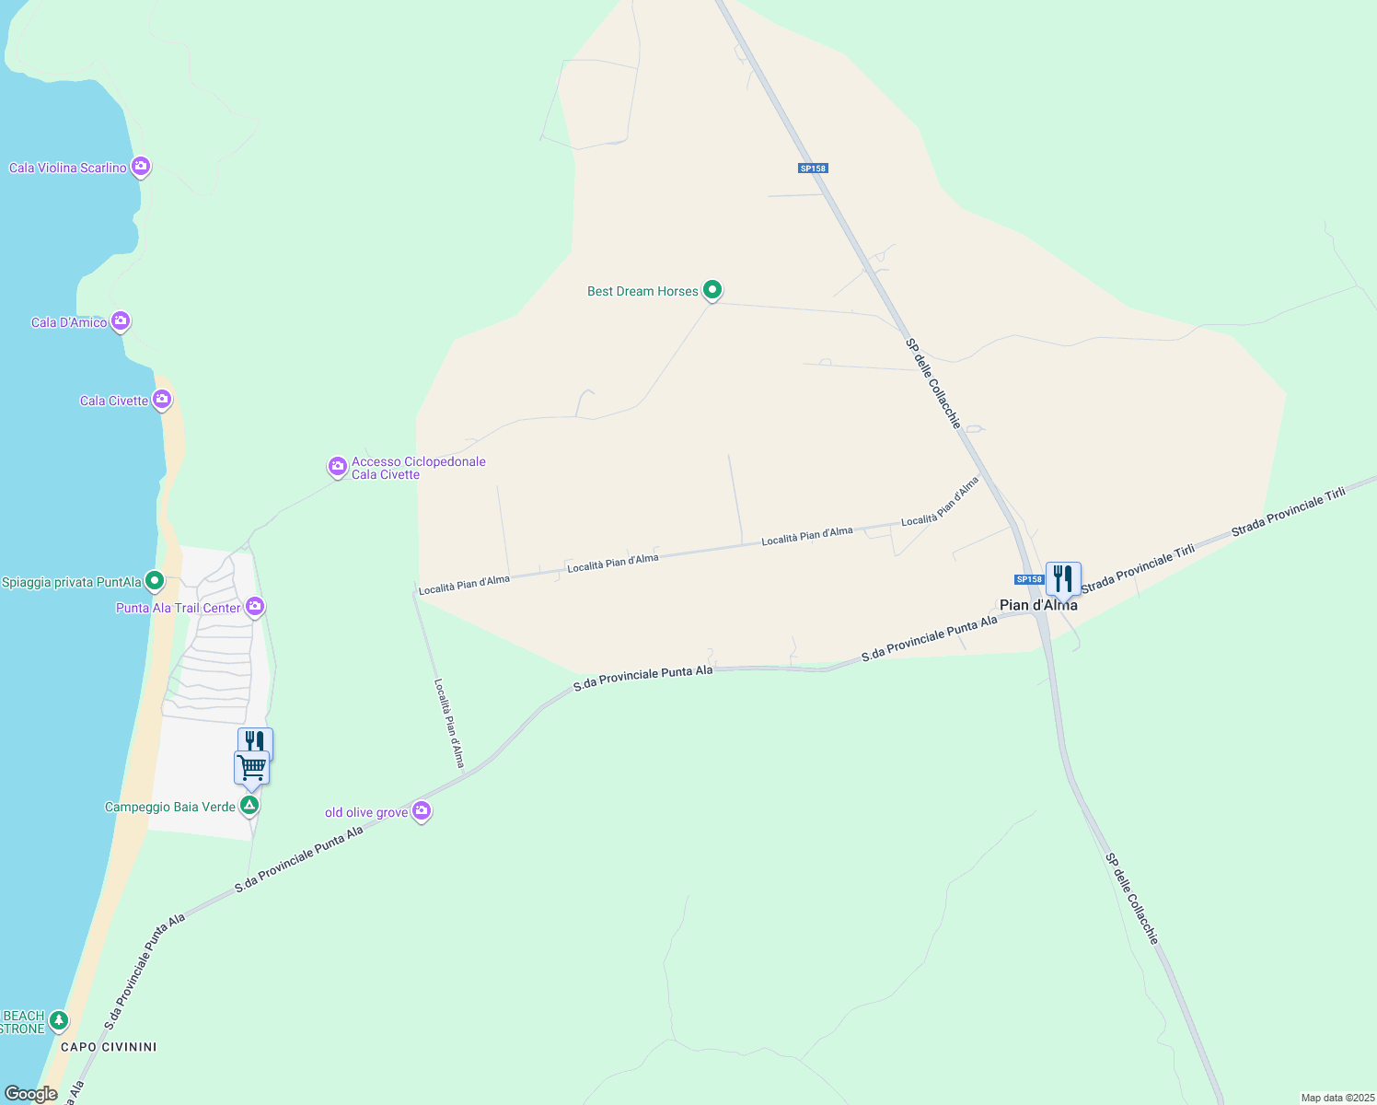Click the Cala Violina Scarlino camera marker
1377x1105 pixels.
pos(141,167)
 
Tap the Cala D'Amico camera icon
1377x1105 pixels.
pos(121,321)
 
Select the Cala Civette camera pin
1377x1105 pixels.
pos(162,400)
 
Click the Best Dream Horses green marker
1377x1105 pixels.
pos(712,290)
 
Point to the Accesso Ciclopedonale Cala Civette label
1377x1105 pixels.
pos(418,468)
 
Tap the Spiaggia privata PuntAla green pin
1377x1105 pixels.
pos(155,581)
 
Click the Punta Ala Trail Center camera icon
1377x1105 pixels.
pos(256,607)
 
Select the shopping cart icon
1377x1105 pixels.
pos(251,768)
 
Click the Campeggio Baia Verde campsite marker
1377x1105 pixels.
pos(249,806)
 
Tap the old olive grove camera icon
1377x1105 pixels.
pos(422,811)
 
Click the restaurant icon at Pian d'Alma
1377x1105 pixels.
pos(1063,579)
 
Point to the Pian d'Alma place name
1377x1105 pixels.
pos(1038,605)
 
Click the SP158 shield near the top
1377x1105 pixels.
pos(813,169)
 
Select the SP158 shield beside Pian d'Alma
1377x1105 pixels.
pos(1029,579)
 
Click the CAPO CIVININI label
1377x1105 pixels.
pos(109,1047)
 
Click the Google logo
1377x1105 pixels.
pos(30,1094)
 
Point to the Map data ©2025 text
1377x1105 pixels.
pos(1336,1098)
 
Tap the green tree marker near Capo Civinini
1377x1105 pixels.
pos(59,1020)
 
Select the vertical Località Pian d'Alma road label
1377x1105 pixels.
pos(449,723)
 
